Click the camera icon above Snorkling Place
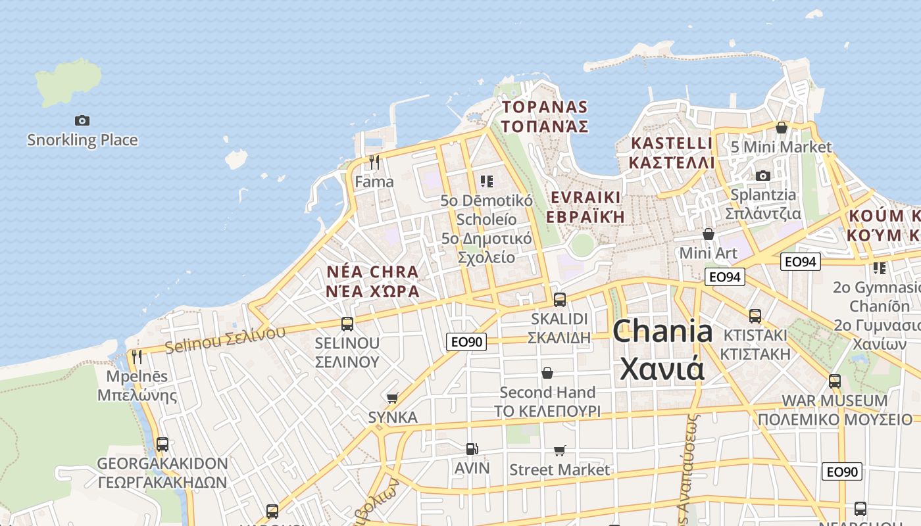pyautogui.click(x=82, y=120)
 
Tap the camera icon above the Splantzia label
pyautogui.click(x=762, y=176)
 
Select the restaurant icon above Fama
pyautogui.click(x=374, y=162)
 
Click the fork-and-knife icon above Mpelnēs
pyautogui.click(x=137, y=356)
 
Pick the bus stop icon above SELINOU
pyautogui.click(x=347, y=323)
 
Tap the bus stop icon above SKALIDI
pyautogui.click(x=559, y=299)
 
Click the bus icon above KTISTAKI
pyautogui.click(x=755, y=316)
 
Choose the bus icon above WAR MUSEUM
pyautogui.click(x=834, y=381)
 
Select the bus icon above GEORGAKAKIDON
pyautogui.click(x=162, y=444)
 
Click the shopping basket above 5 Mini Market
pyautogui.click(x=782, y=128)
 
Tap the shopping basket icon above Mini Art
pyautogui.click(x=708, y=233)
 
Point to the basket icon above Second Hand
pyautogui.click(x=547, y=373)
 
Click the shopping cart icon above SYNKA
pyautogui.click(x=392, y=398)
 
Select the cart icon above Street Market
pyautogui.click(x=559, y=450)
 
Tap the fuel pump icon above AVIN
pyautogui.click(x=472, y=449)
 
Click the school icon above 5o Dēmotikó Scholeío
pyautogui.click(x=486, y=181)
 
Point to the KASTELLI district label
pyautogui.click(x=671, y=153)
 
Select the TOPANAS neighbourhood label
pyautogui.click(x=545, y=116)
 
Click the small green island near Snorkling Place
pyautogui.click(x=68, y=83)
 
